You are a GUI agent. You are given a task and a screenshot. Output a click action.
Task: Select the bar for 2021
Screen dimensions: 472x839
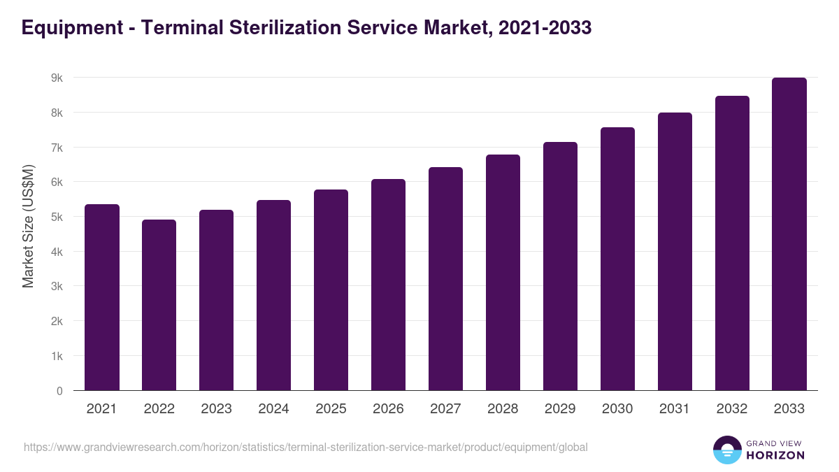click(102, 297)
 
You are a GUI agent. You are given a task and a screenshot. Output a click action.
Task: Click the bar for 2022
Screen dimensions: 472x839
click(159, 305)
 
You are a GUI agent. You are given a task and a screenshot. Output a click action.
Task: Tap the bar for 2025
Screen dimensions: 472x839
click(331, 289)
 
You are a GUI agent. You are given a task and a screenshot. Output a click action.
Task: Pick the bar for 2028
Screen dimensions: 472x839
click(503, 273)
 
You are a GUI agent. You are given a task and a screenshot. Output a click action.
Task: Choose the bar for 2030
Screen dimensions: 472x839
click(618, 259)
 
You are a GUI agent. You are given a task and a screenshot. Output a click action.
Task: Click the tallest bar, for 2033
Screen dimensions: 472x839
click(789, 234)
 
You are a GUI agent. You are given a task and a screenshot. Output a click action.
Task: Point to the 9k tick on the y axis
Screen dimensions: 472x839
click(57, 78)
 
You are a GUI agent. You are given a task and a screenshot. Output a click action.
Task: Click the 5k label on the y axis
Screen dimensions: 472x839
click(57, 217)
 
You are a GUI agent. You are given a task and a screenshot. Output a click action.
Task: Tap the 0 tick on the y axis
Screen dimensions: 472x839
click(59, 391)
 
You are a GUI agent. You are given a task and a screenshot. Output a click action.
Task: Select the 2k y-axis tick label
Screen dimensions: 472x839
click(57, 321)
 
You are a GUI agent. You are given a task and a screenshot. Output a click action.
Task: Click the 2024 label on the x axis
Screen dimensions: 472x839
click(274, 409)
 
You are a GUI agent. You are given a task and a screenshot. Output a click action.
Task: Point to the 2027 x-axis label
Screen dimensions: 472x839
click(446, 409)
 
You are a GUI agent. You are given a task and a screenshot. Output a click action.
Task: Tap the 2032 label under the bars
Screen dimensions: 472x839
click(732, 409)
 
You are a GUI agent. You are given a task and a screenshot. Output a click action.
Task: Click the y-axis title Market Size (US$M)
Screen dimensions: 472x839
click(28, 226)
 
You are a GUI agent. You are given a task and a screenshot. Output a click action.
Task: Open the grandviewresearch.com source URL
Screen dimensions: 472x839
click(306, 447)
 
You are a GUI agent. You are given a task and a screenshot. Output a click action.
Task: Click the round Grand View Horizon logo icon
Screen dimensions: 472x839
click(726, 450)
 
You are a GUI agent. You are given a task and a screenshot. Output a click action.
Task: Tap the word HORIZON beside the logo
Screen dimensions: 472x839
click(775, 455)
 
